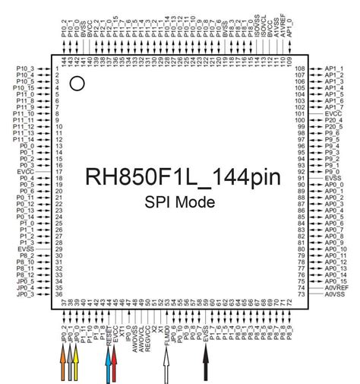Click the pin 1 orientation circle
point(77,84)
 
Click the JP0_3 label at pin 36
point(25,294)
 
